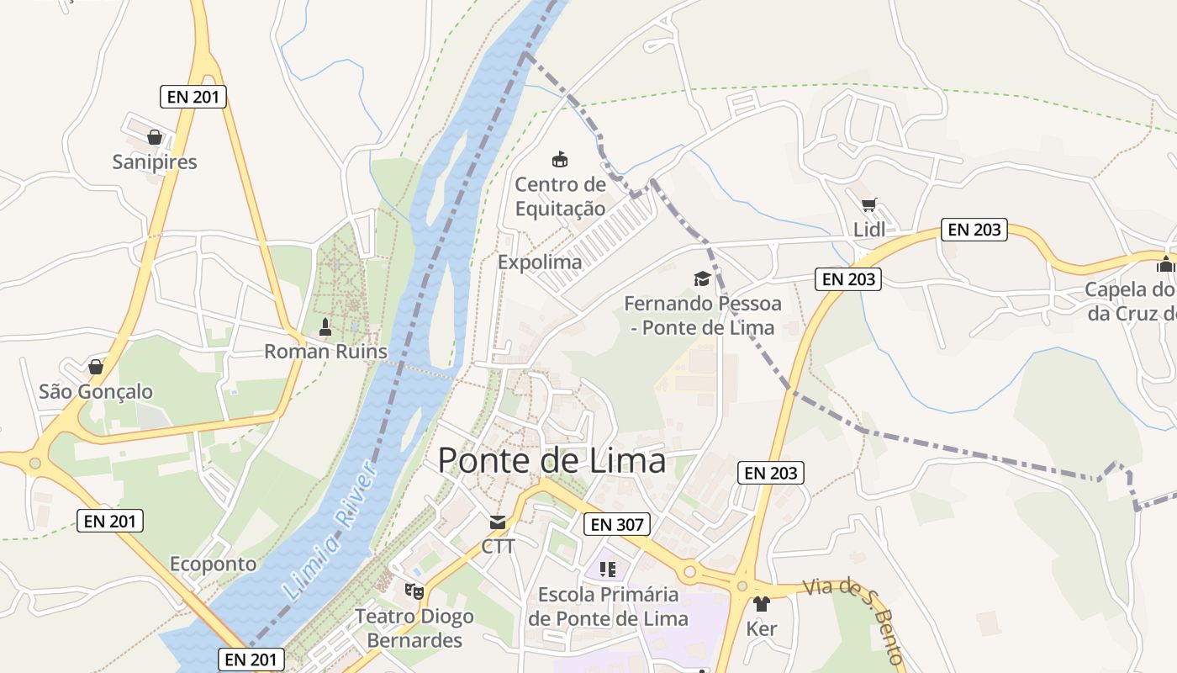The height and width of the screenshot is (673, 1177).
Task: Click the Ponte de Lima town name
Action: click(x=552, y=461)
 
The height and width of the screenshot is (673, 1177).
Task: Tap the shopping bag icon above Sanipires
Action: click(x=155, y=136)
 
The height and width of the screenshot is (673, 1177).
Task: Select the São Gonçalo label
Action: click(x=96, y=392)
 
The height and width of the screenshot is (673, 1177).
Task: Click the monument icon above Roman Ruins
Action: click(x=325, y=327)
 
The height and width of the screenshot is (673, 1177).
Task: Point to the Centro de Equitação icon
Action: click(x=560, y=158)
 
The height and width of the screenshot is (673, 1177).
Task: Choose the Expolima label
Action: click(x=540, y=262)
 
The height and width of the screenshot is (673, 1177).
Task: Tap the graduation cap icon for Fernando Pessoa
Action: click(x=701, y=278)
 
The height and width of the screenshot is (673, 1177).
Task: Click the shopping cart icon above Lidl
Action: click(x=869, y=204)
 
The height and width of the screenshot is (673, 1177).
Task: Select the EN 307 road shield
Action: click(x=617, y=525)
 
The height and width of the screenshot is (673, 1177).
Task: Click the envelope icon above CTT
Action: click(x=498, y=522)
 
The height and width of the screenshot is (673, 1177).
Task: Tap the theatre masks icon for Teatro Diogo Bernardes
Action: click(x=414, y=591)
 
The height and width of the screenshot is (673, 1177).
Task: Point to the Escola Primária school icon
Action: click(x=608, y=570)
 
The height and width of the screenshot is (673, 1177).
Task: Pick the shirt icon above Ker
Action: click(x=762, y=603)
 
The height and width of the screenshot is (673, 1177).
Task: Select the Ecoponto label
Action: click(x=214, y=564)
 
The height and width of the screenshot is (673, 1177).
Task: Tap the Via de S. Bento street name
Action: click(x=853, y=617)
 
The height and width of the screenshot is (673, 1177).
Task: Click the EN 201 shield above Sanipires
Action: click(x=193, y=97)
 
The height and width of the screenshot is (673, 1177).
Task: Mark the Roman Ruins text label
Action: click(x=326, y=352)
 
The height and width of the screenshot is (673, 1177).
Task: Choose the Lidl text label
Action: click(x=869, y=229)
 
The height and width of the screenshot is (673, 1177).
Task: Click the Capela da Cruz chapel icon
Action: click(x=1165, y=264)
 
